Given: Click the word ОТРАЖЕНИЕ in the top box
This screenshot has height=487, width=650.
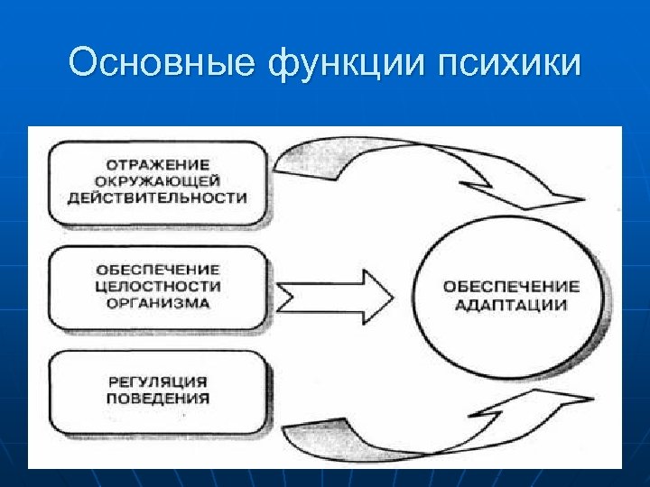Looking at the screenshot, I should pyautogui.click(x=158, y=166).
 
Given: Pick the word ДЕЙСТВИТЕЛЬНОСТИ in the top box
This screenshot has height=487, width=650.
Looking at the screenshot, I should pyautogui.click(x=158, y=198).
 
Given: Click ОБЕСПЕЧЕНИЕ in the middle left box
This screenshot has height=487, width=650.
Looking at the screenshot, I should pyautogui.click(x=158, y=270).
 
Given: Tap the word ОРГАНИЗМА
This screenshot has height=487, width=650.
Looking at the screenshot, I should pyautogui.click(x=158, y=302).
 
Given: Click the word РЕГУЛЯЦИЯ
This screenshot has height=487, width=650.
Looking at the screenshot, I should pyautogui.click(x=158, y=381).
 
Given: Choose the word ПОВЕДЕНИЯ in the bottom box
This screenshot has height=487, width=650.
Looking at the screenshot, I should pyautogui.click(x=158, y=398).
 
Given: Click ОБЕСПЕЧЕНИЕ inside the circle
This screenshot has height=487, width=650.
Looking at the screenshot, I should pyautogui.click(x=511, y=287).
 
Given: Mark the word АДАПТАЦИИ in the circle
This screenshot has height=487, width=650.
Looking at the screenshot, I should pyautogui.click(x=511, y=305).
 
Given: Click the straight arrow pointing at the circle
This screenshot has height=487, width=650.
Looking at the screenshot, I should pyautogui.click(x=334, y=295).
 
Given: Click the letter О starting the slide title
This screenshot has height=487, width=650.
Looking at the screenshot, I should pyautogui.click(x=82, y=64).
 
